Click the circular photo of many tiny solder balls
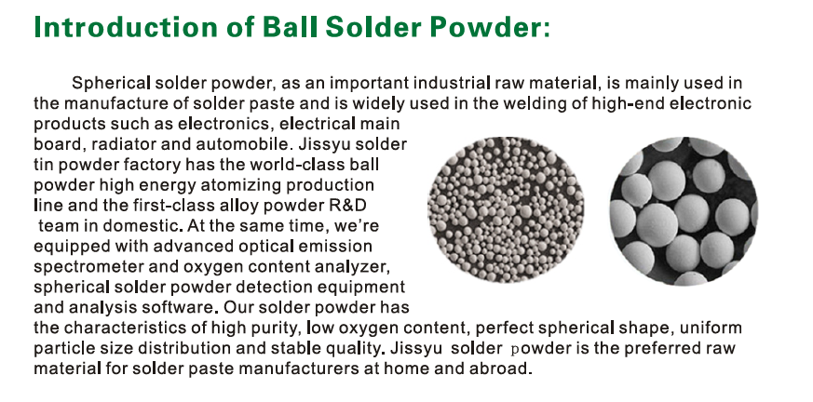click(x=506, y=209)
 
